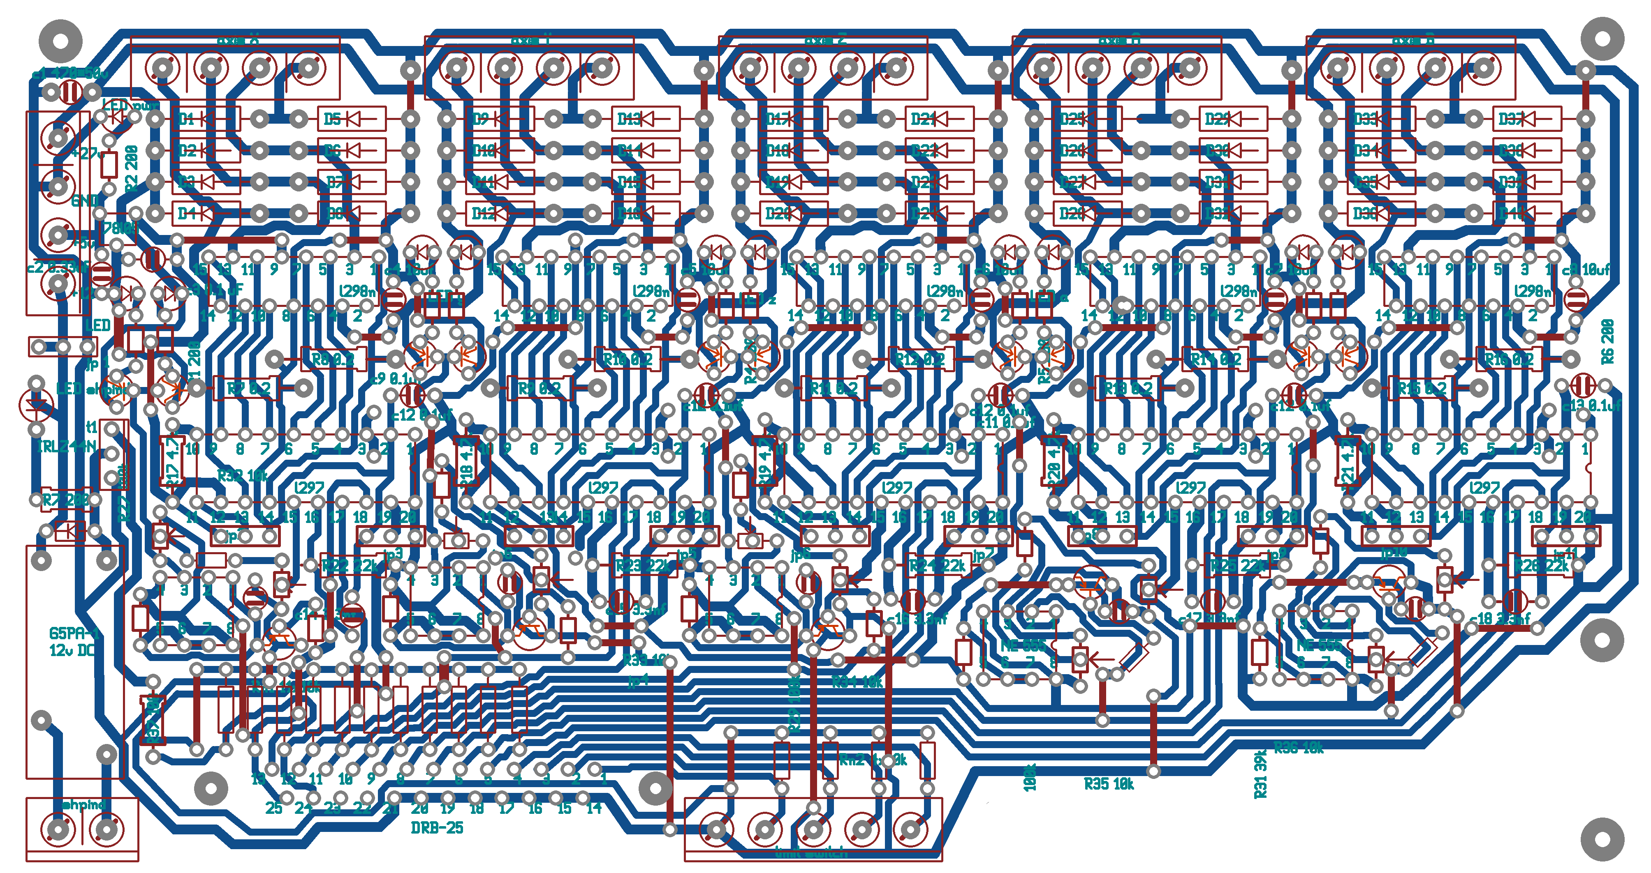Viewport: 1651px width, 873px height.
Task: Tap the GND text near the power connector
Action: (85, 200)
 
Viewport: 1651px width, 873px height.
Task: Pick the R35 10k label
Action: (1109, 784)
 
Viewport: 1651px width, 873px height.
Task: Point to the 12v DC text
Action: (72, 650)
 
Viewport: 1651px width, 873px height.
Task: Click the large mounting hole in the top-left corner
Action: (61, 40)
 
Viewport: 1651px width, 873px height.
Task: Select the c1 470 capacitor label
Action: (69, 74)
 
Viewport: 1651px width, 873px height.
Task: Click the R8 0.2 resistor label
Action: (333, 359)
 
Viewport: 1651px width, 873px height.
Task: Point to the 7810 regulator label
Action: (120, 227)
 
